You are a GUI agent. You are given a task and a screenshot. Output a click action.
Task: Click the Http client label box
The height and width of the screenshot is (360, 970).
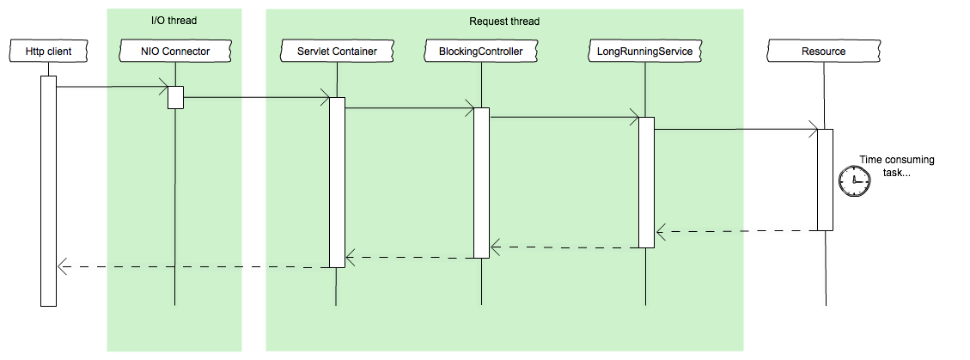pos(48,52)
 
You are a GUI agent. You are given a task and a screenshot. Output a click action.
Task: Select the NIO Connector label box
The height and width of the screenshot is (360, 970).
pos(175,52)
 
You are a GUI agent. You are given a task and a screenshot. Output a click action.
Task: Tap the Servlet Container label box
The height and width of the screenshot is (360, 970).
pos(337,52)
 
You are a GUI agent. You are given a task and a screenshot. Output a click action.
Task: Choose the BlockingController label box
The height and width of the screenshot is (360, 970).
pos(481,52)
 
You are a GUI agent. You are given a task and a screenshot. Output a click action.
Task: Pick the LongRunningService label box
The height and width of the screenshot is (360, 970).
pos(645,52)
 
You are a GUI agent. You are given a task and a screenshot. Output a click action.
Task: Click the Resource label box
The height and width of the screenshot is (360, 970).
pos(823,52)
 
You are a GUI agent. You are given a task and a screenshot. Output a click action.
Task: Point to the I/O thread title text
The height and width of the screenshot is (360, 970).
pos(174,21)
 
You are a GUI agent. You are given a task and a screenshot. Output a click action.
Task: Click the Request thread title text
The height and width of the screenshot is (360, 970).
pos(504,21)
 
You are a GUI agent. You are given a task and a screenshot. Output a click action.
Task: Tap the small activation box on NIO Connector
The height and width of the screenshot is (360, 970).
pos(175,97)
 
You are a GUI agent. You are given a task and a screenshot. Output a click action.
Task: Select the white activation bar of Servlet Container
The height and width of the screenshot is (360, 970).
pos(337,182)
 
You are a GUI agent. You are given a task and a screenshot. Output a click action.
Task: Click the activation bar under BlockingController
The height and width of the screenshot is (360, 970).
pos(481,182)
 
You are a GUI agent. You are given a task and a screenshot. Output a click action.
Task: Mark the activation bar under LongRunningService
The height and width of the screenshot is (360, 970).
pos(646,182)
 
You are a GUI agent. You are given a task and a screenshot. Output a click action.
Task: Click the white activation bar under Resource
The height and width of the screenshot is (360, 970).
pos(825,180)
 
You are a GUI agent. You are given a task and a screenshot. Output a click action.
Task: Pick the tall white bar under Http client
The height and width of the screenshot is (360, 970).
pos(48,191)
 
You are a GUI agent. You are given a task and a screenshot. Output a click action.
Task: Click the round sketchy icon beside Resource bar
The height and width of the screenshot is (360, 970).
pos(855,180)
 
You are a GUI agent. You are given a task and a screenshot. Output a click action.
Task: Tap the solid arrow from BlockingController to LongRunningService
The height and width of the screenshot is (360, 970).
pos(564,117)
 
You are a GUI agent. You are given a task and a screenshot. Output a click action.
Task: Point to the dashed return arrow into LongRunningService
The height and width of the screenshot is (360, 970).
pos(699,231)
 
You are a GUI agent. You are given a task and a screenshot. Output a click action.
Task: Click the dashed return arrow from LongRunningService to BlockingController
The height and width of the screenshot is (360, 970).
pos(564,247)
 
